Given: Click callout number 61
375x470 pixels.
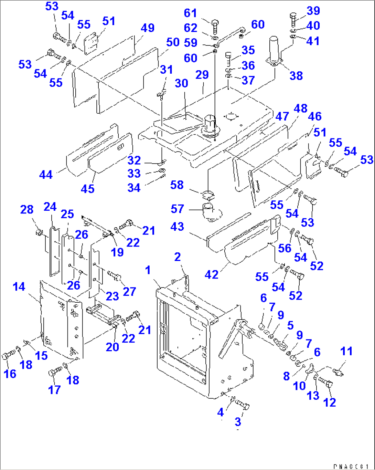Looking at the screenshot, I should click(x=190, y=13).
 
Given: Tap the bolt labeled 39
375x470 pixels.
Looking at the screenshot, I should click(x=293, y=19).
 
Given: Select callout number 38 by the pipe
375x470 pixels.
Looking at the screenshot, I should click(x=296, y=75).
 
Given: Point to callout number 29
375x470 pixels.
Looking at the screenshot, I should click(x=202, y=75).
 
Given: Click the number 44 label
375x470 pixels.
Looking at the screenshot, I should click(x=46, y=175).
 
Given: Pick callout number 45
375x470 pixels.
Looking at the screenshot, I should click(x=87, y=188).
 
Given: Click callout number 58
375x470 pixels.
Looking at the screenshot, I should click(x=177, y=185).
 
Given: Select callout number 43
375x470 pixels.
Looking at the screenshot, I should click(x=177, y=227).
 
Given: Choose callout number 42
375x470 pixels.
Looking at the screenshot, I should click(x=212, y=274).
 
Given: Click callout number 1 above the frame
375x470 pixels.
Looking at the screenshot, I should click(x=148, y=270).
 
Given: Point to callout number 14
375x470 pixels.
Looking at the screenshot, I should click(x=19, y=286).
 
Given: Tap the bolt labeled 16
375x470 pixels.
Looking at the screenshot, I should click(x=9, y=356).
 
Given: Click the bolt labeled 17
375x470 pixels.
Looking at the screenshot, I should click(x=54, y=373).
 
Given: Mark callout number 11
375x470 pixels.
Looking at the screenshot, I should click(x=346, y=352).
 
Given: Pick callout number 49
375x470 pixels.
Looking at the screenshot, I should click(x=148, y=28).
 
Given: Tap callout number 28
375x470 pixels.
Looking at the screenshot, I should click(x=27, y=209).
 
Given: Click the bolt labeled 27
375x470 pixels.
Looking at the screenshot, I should click(x=114, y=275).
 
